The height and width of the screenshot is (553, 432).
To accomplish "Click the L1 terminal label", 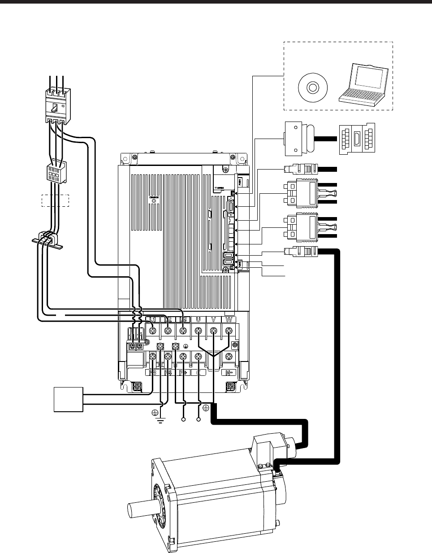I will click(x=152, y=319).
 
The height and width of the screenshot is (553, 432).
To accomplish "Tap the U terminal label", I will click(x=198, y=319).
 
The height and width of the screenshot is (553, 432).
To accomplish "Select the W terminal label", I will click(x=229, y=319).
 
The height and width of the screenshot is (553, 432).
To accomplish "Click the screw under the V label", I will click(x=213, y=331).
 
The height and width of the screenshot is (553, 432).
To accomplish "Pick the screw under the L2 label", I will click(x=168, y=331).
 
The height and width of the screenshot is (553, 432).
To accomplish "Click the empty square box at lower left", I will click(x=68, y=399).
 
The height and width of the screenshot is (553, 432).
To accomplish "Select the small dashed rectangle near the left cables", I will click(x=56, y=200).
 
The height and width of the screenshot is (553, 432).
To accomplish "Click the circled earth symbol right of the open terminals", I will click(x=205, y=408).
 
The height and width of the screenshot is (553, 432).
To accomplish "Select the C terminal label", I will click(x=198, y=372).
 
